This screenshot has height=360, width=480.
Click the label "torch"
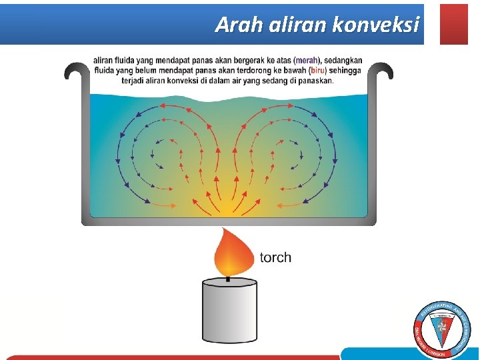(275, 257)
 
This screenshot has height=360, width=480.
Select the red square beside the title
(454, 24)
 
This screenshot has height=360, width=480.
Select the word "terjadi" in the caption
(135, 81)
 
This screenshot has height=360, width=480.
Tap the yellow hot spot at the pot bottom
(229, 211)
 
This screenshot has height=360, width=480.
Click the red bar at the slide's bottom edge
(167, 357)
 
